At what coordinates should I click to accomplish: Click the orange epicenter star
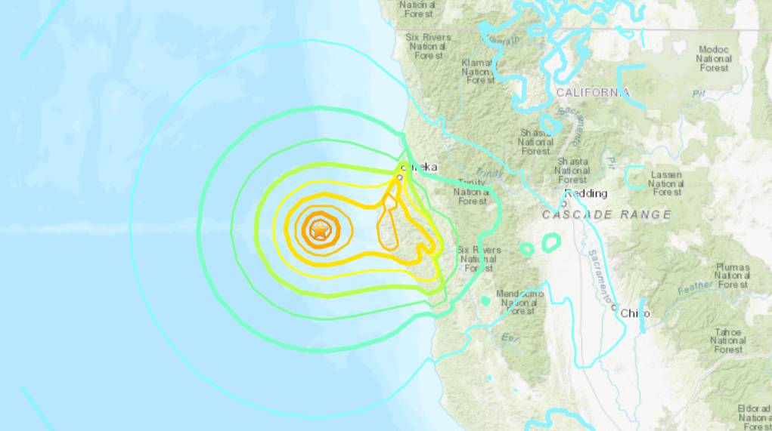click(x=320, y=230)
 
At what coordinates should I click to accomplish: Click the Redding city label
click(x=586, y=193)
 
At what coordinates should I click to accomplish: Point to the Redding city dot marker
click(x=564, y=202)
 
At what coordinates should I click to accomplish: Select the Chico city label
click(x=635, y=312)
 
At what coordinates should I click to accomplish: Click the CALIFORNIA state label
click(x=593, y=93)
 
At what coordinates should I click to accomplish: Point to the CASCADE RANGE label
click(x=606, y=215)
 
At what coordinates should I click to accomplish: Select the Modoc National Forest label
click(x=714, y=58)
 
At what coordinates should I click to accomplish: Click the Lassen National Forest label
click(x=666, y=183)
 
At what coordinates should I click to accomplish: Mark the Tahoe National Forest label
click(x=728, y=340)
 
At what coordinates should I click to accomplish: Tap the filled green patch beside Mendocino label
click(x=485, y=300)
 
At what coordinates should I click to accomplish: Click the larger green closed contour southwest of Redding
click(x=551, y=242)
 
